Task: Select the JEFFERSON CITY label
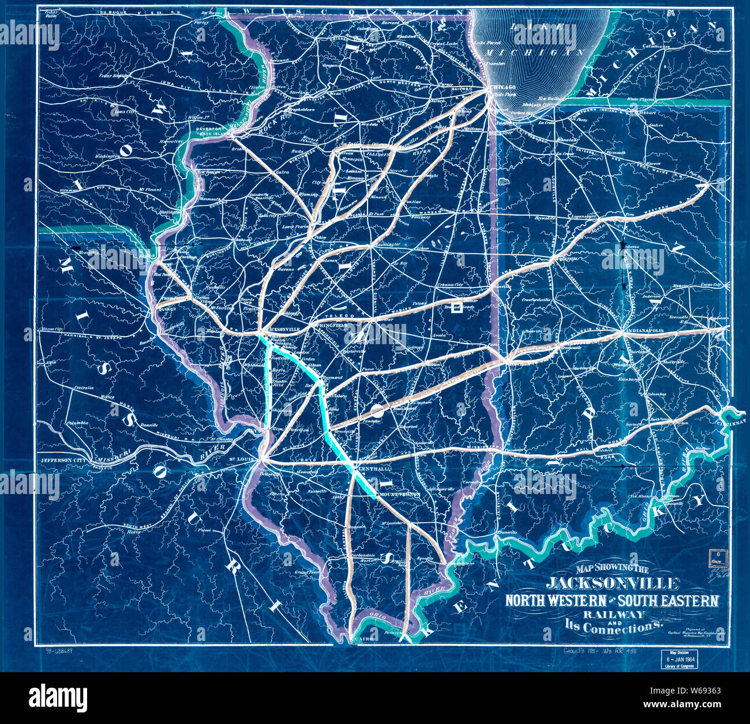tap(63, 461)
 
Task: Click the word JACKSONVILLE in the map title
tap(612, 583)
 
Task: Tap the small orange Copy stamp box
tap(717, 557)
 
